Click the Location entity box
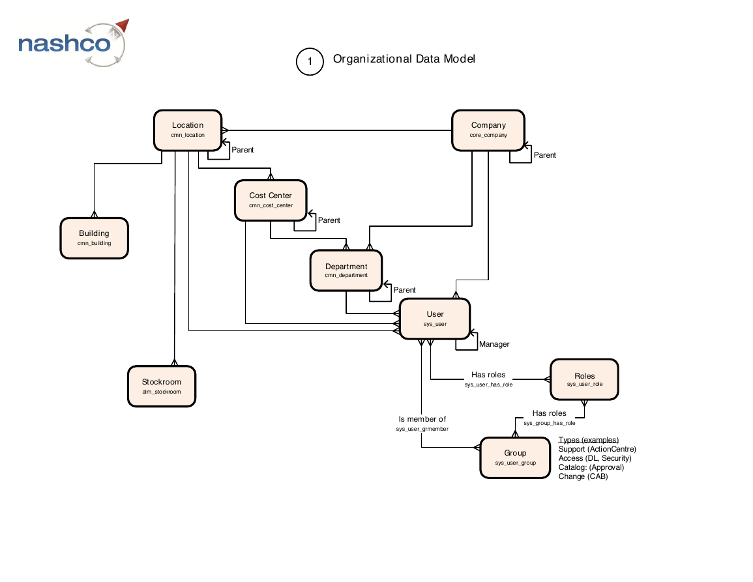pos(188,130)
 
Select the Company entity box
pos(488,130)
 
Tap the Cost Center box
pos(271,200)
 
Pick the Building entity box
pos(94,238)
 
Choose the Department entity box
pos(346,270)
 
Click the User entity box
pos(435,319)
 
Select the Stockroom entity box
pos(162,386)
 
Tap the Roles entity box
pos(584,379)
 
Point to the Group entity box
pos(515,458)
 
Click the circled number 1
pos(310,61)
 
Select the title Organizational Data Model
pos(404,59)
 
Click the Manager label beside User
pos(494,344)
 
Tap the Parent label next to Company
pos(544,155)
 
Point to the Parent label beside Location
pos(243,150)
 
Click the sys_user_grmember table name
pos(422,429)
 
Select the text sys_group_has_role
pos(550,423)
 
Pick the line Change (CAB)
pos(583,476)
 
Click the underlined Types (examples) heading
pos(588,440)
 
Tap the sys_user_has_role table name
pos(488,385)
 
